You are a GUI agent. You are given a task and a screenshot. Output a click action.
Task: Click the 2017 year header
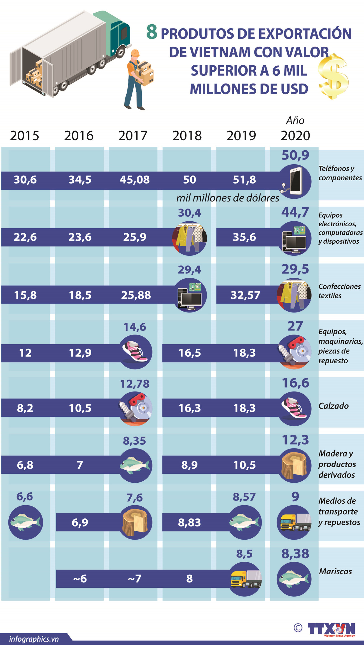133,136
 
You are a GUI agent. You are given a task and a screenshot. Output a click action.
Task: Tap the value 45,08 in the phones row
135,180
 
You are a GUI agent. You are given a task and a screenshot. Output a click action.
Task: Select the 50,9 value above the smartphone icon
295,155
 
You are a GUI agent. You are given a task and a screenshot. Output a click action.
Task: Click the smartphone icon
294,181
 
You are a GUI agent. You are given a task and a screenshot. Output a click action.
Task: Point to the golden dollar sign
333,77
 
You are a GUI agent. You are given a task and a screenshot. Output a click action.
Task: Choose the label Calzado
333,406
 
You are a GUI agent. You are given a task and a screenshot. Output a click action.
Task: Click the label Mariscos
335,572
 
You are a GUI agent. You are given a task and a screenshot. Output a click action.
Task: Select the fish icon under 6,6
25,522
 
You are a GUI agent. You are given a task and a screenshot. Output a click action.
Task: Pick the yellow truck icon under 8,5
245,579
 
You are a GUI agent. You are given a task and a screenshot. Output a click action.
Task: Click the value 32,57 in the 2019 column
245,295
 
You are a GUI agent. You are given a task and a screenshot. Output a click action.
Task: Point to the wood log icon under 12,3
294,466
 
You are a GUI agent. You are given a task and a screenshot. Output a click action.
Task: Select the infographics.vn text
34,639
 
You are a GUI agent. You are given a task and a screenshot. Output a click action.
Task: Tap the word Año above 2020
295,120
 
